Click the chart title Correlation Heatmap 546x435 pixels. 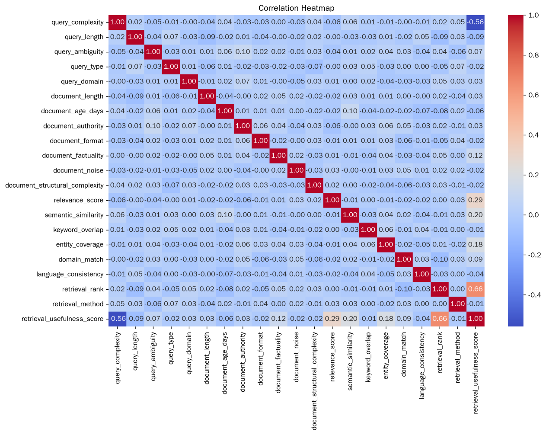[x=296, y=8]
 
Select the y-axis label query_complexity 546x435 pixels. [x=77, y=22]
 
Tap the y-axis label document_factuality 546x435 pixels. [x=73, y=156]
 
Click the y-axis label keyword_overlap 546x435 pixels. [x=78, y=230]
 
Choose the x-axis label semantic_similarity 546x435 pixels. [x=350, y=361]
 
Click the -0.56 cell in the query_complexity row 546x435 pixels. [x=476, y=22]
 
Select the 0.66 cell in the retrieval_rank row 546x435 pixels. [x=476, y=289]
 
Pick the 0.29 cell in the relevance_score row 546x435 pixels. [x=476, y=200]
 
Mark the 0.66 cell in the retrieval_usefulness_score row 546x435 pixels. [x=440, y=319]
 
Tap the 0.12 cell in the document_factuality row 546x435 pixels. [x=476, y=156]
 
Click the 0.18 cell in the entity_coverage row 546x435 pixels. [x=476, y=244]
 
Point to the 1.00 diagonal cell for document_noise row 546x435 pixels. [x=297, y=170]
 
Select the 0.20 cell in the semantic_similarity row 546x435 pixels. [x=476, y=215]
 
